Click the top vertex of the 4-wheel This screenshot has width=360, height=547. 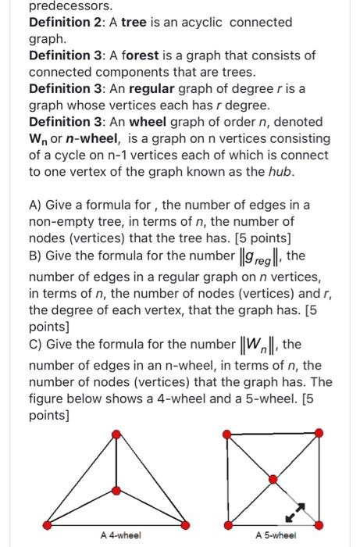[x=116, y=433]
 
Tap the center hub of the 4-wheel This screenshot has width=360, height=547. [x=116, y=489]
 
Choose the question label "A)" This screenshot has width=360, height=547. [x=36, y=205]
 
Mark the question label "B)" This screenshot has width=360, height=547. [x=36, y=256]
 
